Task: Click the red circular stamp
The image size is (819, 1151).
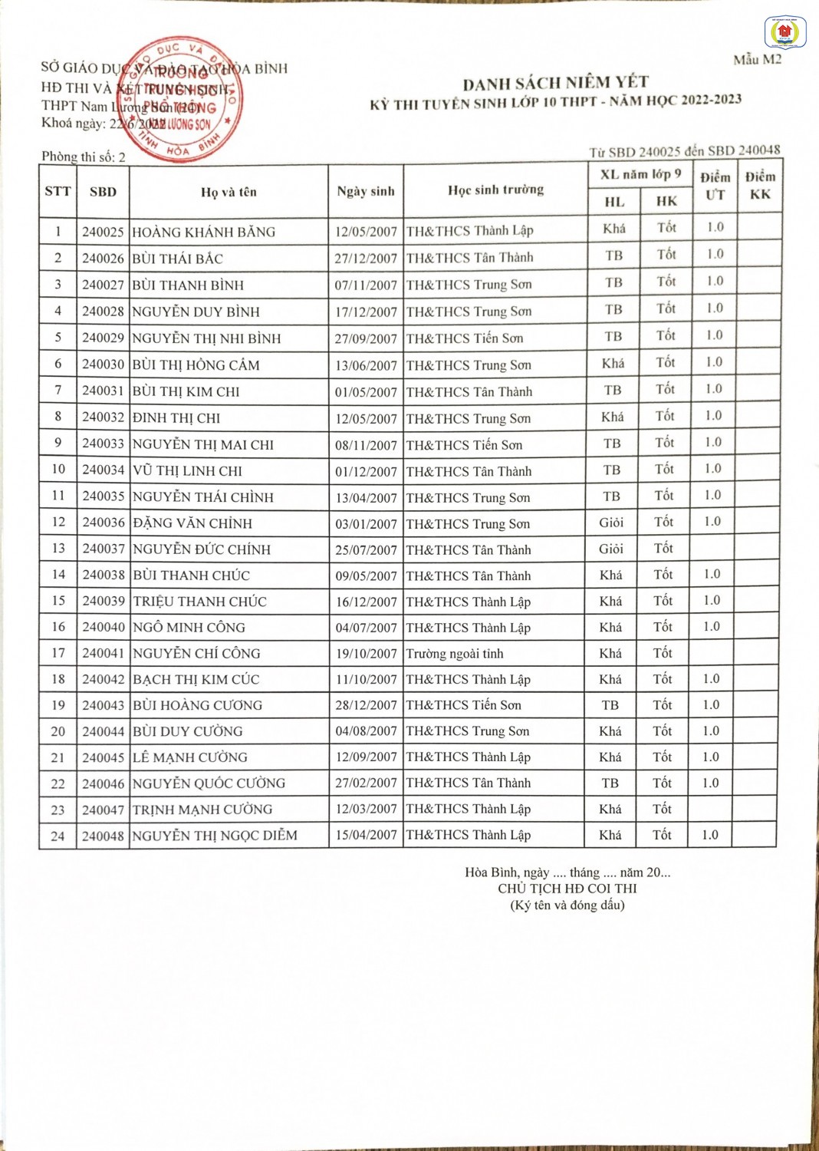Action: [x=182, y=99]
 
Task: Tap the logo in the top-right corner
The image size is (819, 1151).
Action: [x=784, y=32]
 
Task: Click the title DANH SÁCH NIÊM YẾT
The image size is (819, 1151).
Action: [x=555, y=83]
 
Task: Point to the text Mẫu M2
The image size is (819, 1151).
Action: [x=757, y=60]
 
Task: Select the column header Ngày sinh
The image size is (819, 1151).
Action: [x=366, y=191]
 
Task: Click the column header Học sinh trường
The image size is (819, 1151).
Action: [x=495, y=190]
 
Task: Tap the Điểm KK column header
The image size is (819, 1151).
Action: [x=760, y=186]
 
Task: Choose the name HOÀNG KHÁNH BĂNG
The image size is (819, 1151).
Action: [x=203, y=232]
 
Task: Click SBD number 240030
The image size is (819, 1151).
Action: [x=103, y=364]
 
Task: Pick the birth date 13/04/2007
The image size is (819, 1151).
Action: [x=366, y=498]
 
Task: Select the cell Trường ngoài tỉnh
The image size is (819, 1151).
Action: [x=455, y=654]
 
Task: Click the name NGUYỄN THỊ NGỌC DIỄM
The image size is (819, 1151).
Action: [x=215, y=836]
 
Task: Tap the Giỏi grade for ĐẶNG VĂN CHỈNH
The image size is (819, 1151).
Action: [x=611, y=523]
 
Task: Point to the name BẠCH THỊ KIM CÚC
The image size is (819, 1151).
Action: [x=196, y=680]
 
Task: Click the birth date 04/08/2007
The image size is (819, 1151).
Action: [x=366, y=731]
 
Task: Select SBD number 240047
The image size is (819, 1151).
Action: [x=103, y=810]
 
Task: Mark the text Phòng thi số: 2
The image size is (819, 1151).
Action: [x=84, y=157]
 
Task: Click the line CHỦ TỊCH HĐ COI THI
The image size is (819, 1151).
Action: [x=567, y=889]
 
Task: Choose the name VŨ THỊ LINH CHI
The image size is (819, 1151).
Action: [x=187, y=471]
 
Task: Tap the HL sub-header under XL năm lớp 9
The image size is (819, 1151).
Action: [x=614, y=202]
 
